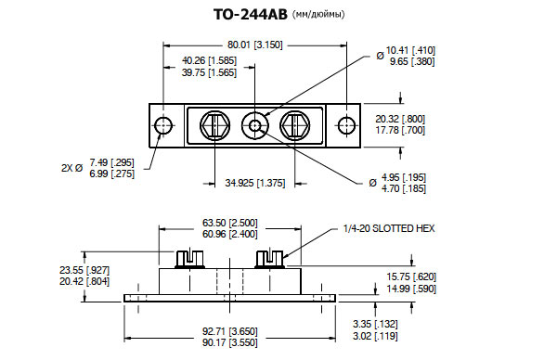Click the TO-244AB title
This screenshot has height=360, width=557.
[x=250, y=15]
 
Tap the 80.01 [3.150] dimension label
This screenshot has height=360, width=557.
[x=254, y=45]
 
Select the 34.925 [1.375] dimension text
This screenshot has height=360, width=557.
[x=254, y=183]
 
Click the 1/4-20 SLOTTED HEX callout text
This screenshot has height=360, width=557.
[x=389, y=228]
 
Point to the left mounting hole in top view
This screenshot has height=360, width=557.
[x=163, y=125]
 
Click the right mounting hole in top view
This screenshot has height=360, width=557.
[x=346, y=125]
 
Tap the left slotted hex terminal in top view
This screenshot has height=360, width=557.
[x=214, y=125]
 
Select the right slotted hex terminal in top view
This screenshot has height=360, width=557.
[x=295, y=125]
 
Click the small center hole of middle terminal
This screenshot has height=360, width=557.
[x=254, y=125]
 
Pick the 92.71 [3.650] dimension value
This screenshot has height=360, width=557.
[x=230, y=331]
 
